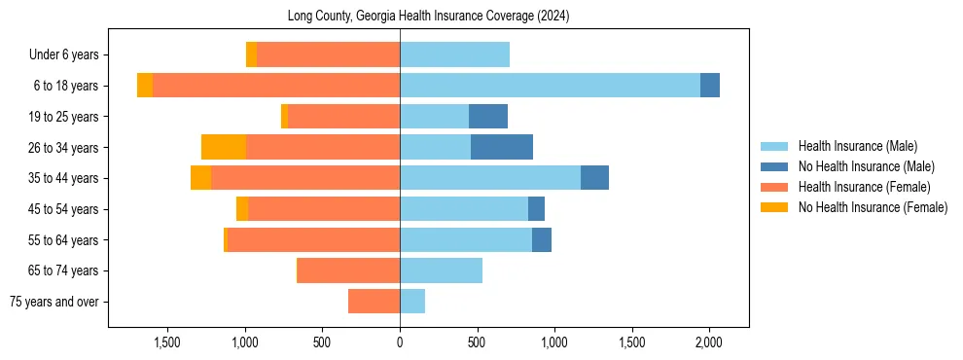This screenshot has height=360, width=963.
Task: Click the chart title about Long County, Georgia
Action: pyautogui.click(x=428, y=17)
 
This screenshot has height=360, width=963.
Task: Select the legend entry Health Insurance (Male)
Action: pyautogui.click(x=857, y=146)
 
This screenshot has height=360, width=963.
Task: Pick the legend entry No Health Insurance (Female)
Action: pyautogui.click(x=872, y=207)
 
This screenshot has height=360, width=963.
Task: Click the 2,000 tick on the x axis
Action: pyautogui.click(x=708, y=343)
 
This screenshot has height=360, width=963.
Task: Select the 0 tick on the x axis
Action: pyautogui.click(x=400, y=343)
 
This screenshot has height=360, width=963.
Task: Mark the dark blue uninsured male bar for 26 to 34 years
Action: pyautogui.click(x=502, y=147)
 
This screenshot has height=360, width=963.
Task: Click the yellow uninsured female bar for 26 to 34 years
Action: pyautogui.click(x=224, y=147)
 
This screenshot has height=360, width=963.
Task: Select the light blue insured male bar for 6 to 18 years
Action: pyautogui.click(x=550, y=86)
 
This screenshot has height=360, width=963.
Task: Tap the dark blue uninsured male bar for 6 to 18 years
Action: pyautogui.click(x=710, y=86)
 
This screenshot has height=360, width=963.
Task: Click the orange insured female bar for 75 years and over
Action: pyautogui.click(x=374, y=302)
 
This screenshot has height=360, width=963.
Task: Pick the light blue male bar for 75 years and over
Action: pyautogui.click(x=412, y=302)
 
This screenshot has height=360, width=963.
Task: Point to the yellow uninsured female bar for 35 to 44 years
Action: pyautogui.click(x=200, y=178)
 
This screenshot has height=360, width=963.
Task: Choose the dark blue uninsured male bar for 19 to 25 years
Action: pyautogui.click(x=488, y=117)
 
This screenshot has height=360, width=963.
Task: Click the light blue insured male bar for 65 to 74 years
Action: pyautogui.click(x=441, y=270)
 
